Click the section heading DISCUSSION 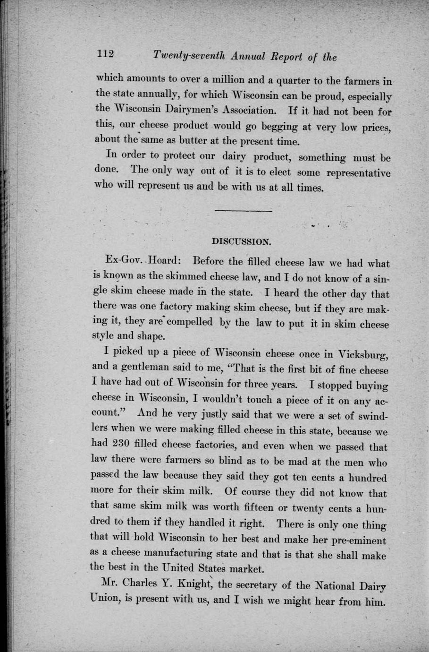[x=242, y=241]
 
